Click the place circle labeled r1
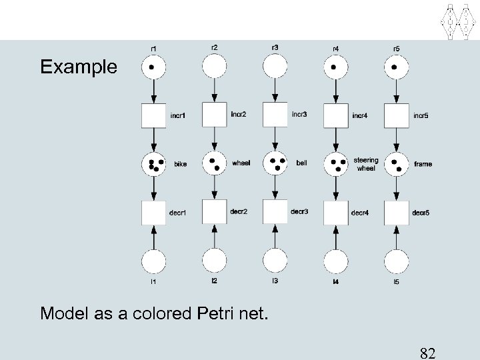pos(153,67)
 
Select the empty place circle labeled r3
pos(276,67)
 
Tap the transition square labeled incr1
pos(153,117)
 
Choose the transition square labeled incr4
pos(337,117)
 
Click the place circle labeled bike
pos(153,163)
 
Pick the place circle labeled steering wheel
pos(337,163)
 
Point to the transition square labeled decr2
pos(215,211)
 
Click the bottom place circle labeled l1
pos(153,261)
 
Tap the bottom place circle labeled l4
pos(337,261)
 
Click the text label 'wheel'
pos(241,163)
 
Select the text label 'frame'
pos(423,163)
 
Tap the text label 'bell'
pos(301,163)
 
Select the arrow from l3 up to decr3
pos(276,236)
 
